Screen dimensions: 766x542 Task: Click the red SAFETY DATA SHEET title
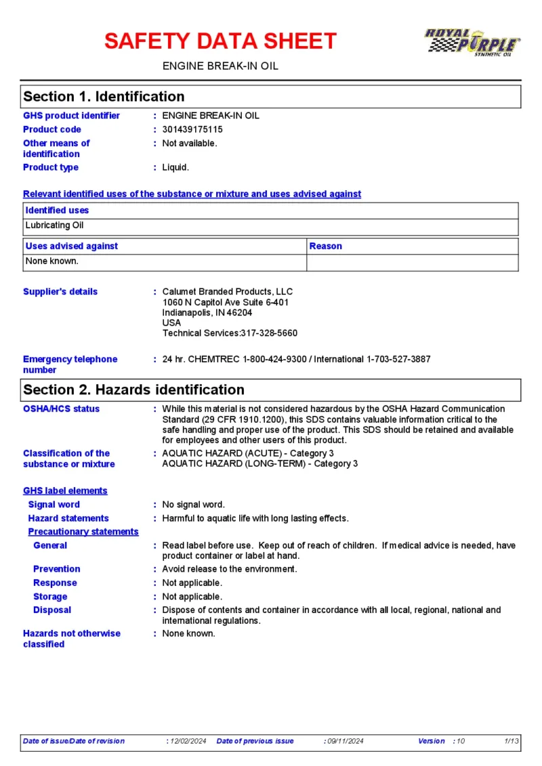pos(220,41)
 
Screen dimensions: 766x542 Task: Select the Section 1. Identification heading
pos(104,97)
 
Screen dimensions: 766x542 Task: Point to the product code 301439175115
pos(192,129)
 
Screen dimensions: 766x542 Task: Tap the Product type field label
pos(51,167)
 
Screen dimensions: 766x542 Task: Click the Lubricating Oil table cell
pos(55,225)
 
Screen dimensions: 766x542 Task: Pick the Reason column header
pos(326,246)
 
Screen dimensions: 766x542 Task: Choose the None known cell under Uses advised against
pos(52,261)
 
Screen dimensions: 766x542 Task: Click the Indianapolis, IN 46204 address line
pos(207,313)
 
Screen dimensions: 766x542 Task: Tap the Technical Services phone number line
pos(230,333)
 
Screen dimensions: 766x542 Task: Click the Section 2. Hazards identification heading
pos(133,390)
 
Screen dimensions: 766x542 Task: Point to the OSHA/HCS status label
pos(61,409)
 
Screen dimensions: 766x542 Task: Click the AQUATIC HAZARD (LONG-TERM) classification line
pos(260,464)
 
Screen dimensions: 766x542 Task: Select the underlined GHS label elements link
pos(65,491)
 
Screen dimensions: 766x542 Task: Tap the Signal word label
pos(54,505)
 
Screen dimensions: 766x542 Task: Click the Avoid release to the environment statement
pos(230,569)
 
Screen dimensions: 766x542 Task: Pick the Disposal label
pos(52,610)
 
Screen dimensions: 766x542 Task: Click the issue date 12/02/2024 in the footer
pos(189,741)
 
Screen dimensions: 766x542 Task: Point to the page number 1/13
pos(512,741)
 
